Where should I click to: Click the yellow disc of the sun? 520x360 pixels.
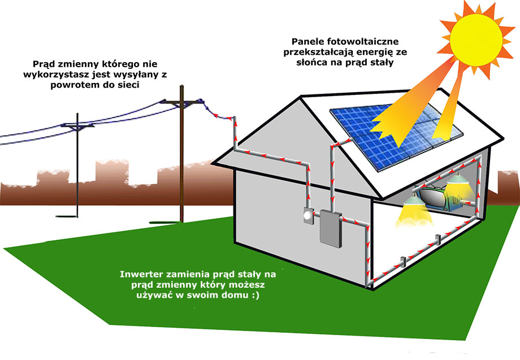[x=476, y=40]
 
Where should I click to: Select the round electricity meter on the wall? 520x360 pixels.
[x=308, y=216]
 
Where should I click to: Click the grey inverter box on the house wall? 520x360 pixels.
[x=331, y=229]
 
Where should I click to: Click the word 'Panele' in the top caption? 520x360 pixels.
[x=307, y=42]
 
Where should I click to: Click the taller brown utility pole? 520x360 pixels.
[x=181, y=154]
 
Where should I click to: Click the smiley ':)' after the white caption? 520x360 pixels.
[x=255, y=296]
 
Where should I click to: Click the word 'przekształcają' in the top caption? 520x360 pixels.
[x=318, y=53]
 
